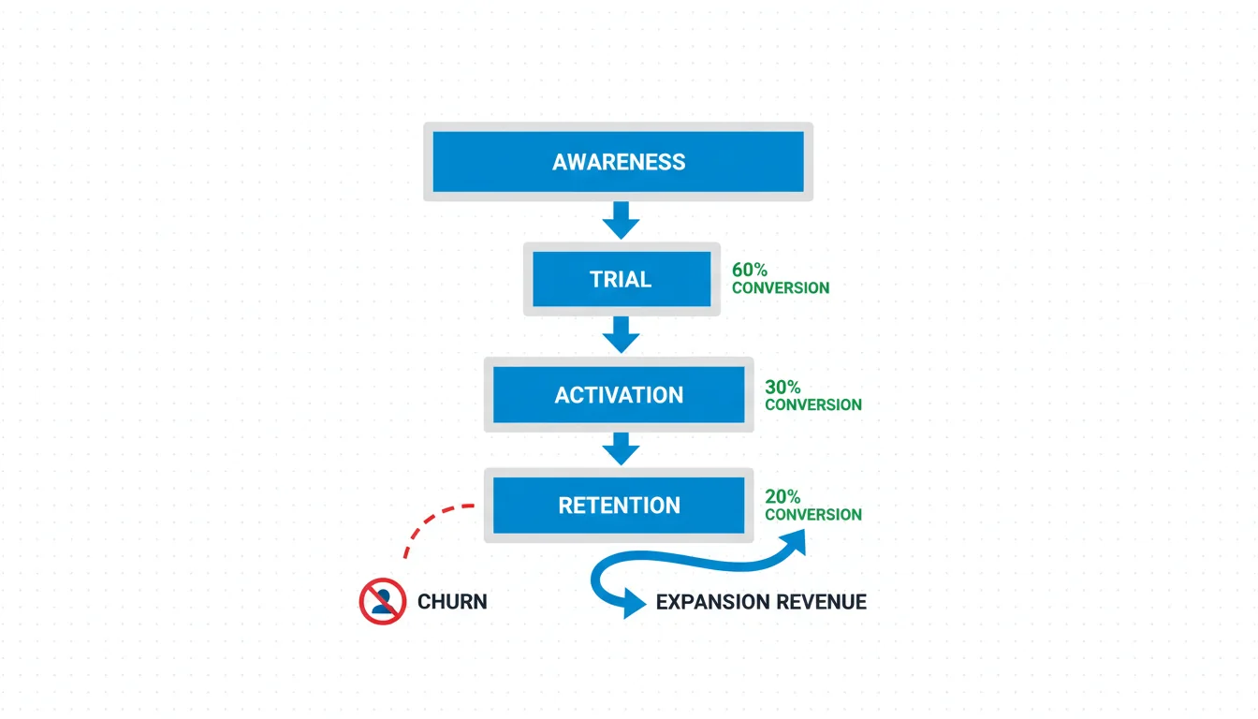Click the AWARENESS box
click(x=619, y=161)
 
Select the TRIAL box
click(x=620, y=279)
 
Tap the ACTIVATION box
click(x=619, y=394)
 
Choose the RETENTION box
click(x=619, y=506)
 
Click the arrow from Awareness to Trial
click(x=620, y=222)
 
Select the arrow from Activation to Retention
click(x=620, y=450)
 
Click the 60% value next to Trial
click(x=750, y=270)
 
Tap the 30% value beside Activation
click(x=783, y=387)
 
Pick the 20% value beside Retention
click(x=783, y=497)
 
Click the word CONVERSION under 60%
click(x=781, y=288)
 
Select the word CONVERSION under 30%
click(x=813, y=405)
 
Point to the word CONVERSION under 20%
click(x=813, y=515)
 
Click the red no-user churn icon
click(x=382, y=601)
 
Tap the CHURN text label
click(x=452, y=602)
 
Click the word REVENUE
click(x=823, y=602)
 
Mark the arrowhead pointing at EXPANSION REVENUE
click(x=636, y=606)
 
